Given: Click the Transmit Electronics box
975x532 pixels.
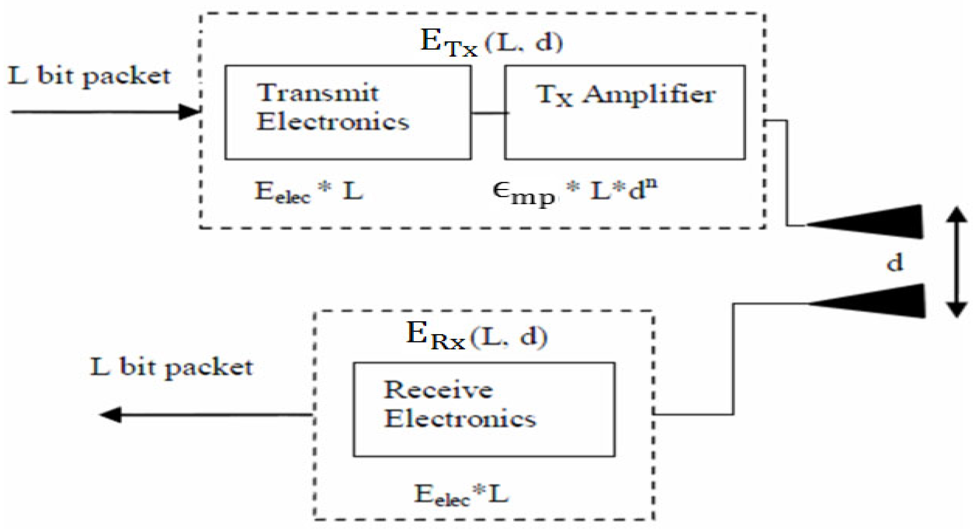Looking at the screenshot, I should coord(348,112).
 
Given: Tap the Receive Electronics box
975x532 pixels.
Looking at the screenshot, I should coord(484,409).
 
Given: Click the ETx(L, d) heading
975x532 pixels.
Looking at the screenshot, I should coord(491,42).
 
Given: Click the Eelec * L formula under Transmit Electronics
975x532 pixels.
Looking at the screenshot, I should coord(308,192).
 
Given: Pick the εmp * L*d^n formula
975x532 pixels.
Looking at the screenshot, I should coord(574,192).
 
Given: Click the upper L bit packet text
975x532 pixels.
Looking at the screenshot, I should coord(89,76).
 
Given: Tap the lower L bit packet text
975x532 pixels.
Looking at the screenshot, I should coord(171,367).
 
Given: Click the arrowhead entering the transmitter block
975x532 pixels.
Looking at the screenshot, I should coord(189,112).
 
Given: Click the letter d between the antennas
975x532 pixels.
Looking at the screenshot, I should coord(894,263).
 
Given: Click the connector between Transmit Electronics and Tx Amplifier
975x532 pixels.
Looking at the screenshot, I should coord(488,113).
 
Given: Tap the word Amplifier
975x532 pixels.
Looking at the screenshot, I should coord(649,95).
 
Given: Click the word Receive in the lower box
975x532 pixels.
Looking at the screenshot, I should coord(438,390).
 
